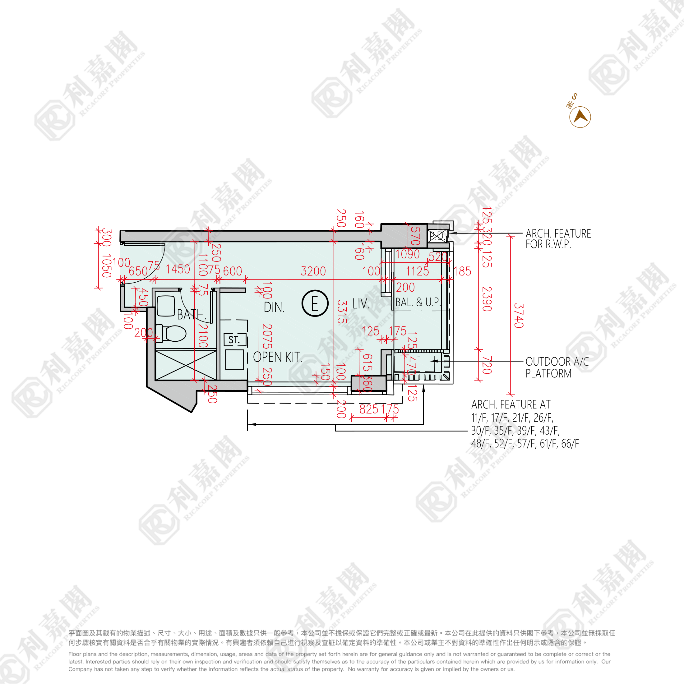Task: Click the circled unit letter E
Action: coord(315,303)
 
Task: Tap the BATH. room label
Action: coord(191,314)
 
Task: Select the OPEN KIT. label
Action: coord(278,357)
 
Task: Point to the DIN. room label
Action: coord(274,307)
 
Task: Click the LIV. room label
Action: coord(361,304)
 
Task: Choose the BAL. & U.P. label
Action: coord(418,302)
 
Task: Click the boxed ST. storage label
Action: coord(235,340)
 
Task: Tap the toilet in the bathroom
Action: coord(175,334)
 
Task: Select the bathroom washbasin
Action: coord(166,306)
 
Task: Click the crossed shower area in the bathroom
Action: coord(186,365)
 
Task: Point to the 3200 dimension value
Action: coord(313,271)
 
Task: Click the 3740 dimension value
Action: coord(518,316)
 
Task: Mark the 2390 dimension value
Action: coord(487,299)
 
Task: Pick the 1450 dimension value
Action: coord(178,269)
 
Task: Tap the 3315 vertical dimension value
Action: coord(341,312)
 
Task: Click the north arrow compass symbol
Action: coord(580,117)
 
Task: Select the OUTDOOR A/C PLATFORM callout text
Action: coord(557,367)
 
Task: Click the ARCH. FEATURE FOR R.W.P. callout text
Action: coord(558,238)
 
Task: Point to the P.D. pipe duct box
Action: coord(437,236)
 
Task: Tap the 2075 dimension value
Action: coord(267,336)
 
